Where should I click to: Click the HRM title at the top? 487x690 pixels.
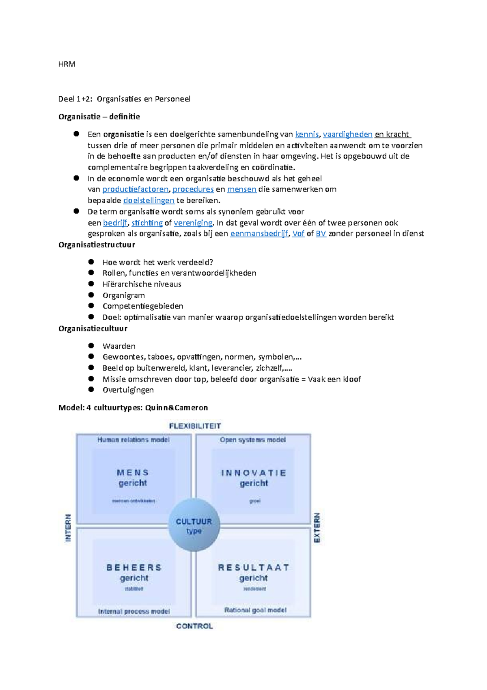point(67,64)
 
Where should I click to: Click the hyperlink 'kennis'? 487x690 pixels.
point(307,135)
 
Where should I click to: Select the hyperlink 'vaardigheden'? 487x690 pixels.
point(347,135)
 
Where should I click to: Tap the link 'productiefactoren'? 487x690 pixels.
point(135,189)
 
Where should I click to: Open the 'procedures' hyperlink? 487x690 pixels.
point(193,189)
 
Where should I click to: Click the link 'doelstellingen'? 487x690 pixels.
point(149,200)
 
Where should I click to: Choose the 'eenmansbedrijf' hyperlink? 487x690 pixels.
point(259,234)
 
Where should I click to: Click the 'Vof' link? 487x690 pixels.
point(298,234)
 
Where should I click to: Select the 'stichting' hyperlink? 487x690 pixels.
point(147,223)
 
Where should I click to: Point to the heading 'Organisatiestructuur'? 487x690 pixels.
point(97,245)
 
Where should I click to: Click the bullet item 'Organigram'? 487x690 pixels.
point(123,295)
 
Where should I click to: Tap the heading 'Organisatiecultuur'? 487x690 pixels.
point(93,328)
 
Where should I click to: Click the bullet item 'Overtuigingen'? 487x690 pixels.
point(128,390)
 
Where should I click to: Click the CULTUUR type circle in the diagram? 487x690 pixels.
point(194,525)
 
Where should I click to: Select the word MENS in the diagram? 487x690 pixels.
point(133,473)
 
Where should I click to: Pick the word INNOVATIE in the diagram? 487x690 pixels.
point(254,473)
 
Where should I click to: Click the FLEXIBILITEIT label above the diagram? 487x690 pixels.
point(195,426)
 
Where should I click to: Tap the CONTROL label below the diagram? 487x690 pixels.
point(194,626)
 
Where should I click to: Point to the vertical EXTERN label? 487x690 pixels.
point(317,527)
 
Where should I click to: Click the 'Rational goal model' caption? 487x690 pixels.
point(255,610)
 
